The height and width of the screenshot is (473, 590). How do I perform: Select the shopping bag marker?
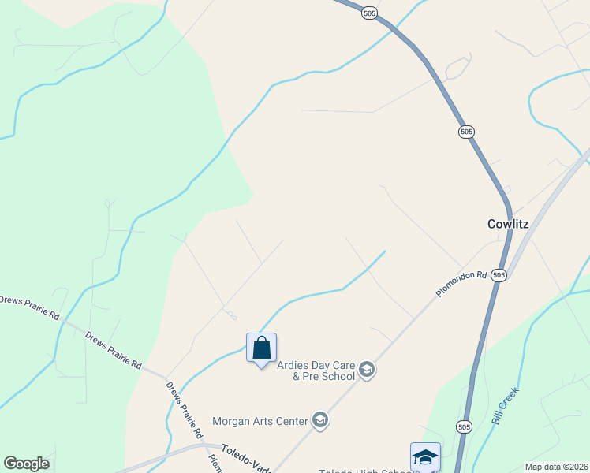click(261, 348)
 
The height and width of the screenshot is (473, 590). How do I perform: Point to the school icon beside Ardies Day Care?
click(366, 369)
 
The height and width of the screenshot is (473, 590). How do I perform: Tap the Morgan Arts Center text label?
click(260, 421)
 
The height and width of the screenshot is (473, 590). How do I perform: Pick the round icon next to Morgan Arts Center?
click(319, 420)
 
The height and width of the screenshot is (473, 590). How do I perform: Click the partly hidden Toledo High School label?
click(364, 469)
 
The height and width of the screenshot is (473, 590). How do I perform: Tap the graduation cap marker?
click(425, 456)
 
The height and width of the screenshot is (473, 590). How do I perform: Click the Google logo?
click(26, 464)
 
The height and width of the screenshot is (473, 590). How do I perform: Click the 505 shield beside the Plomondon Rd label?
click(498, 274)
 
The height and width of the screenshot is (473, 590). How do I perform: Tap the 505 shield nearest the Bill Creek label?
click(464, 426)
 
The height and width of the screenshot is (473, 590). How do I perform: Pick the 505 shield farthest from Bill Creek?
click(370, 13)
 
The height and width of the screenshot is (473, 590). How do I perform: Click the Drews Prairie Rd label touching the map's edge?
click(29, 307)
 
